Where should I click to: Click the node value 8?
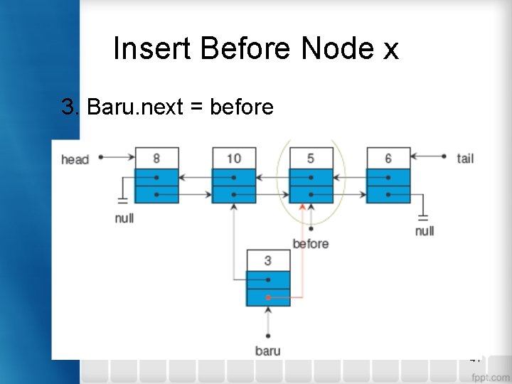click(156, 158)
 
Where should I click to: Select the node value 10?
click(234, 158)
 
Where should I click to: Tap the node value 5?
click(311, 158)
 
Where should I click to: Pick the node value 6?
click(388, 158)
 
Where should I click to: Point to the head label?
click(75, 159)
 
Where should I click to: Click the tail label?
click(465, 158)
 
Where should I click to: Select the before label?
click(311, 244)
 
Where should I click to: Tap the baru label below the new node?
click(268, 351)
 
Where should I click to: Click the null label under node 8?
click(124, 218)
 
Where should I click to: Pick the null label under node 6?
click(425, 231)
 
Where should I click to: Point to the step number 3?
click(70, 107)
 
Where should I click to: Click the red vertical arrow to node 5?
click(302, 249)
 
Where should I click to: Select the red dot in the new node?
click(268, 298)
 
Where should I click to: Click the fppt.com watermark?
click(490, 377)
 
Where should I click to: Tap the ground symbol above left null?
click(123, 201)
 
